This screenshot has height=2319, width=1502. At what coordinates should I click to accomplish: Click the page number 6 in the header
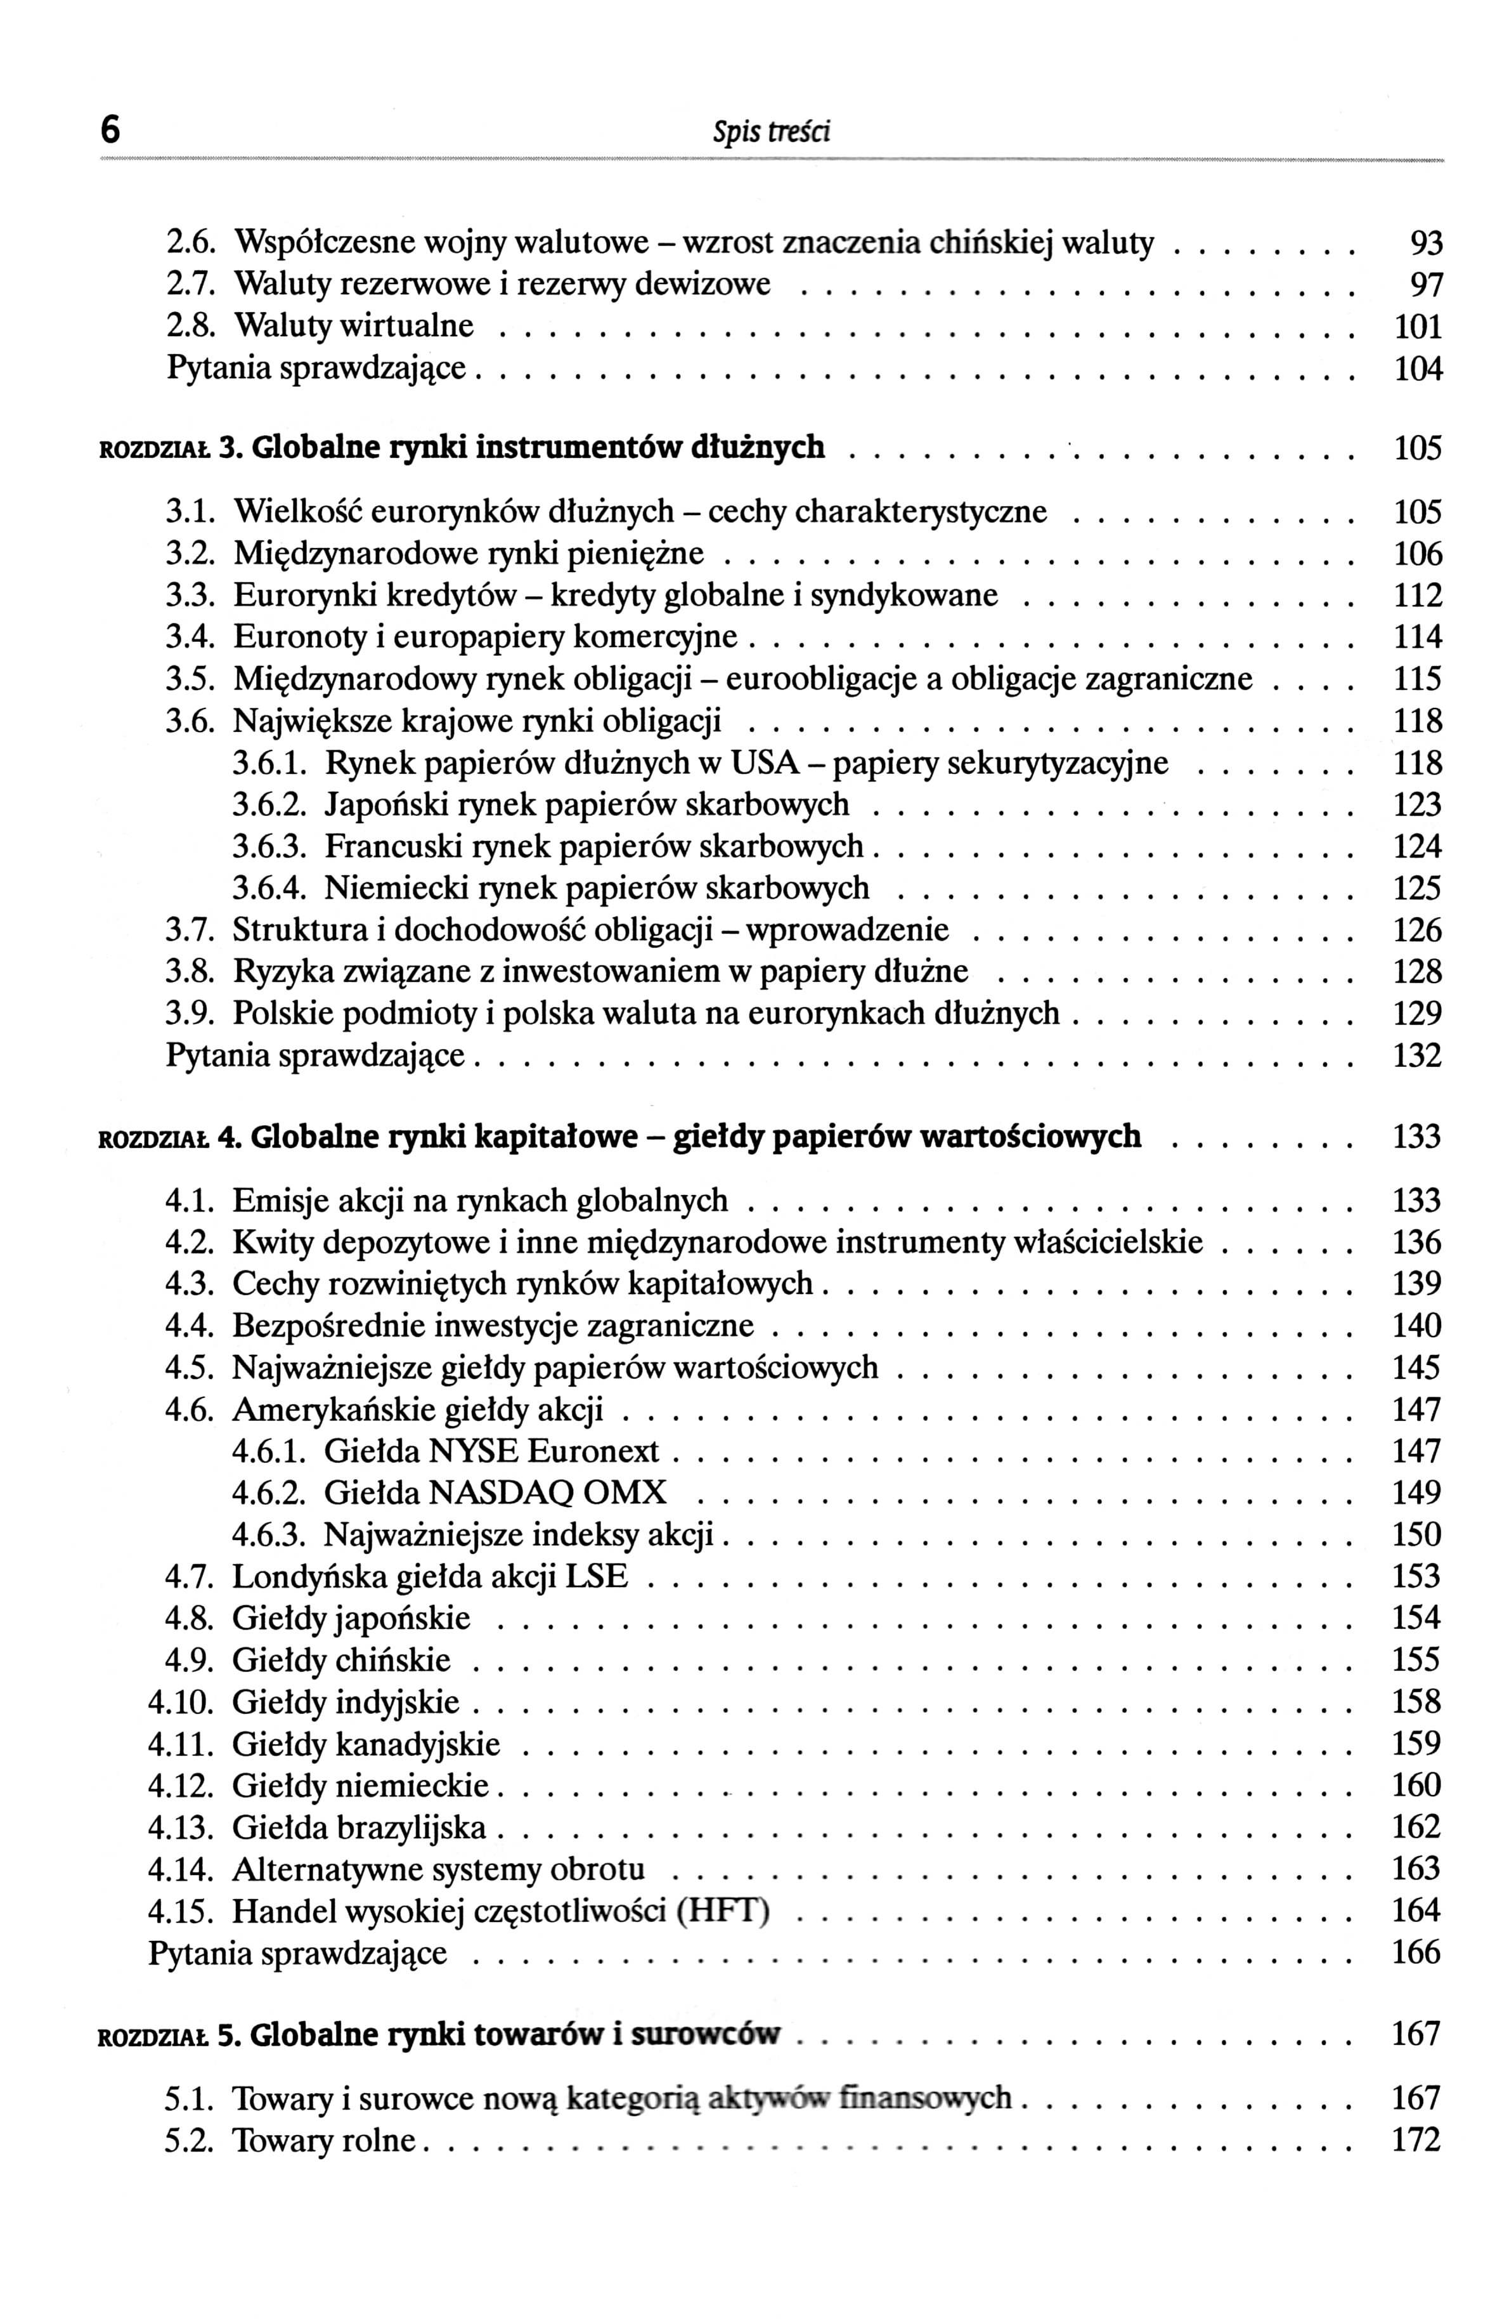111,129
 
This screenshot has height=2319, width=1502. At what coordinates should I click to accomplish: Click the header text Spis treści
770,131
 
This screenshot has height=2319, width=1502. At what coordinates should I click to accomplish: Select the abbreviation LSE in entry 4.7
601,1576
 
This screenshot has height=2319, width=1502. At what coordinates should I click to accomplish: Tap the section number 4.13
180,1827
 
